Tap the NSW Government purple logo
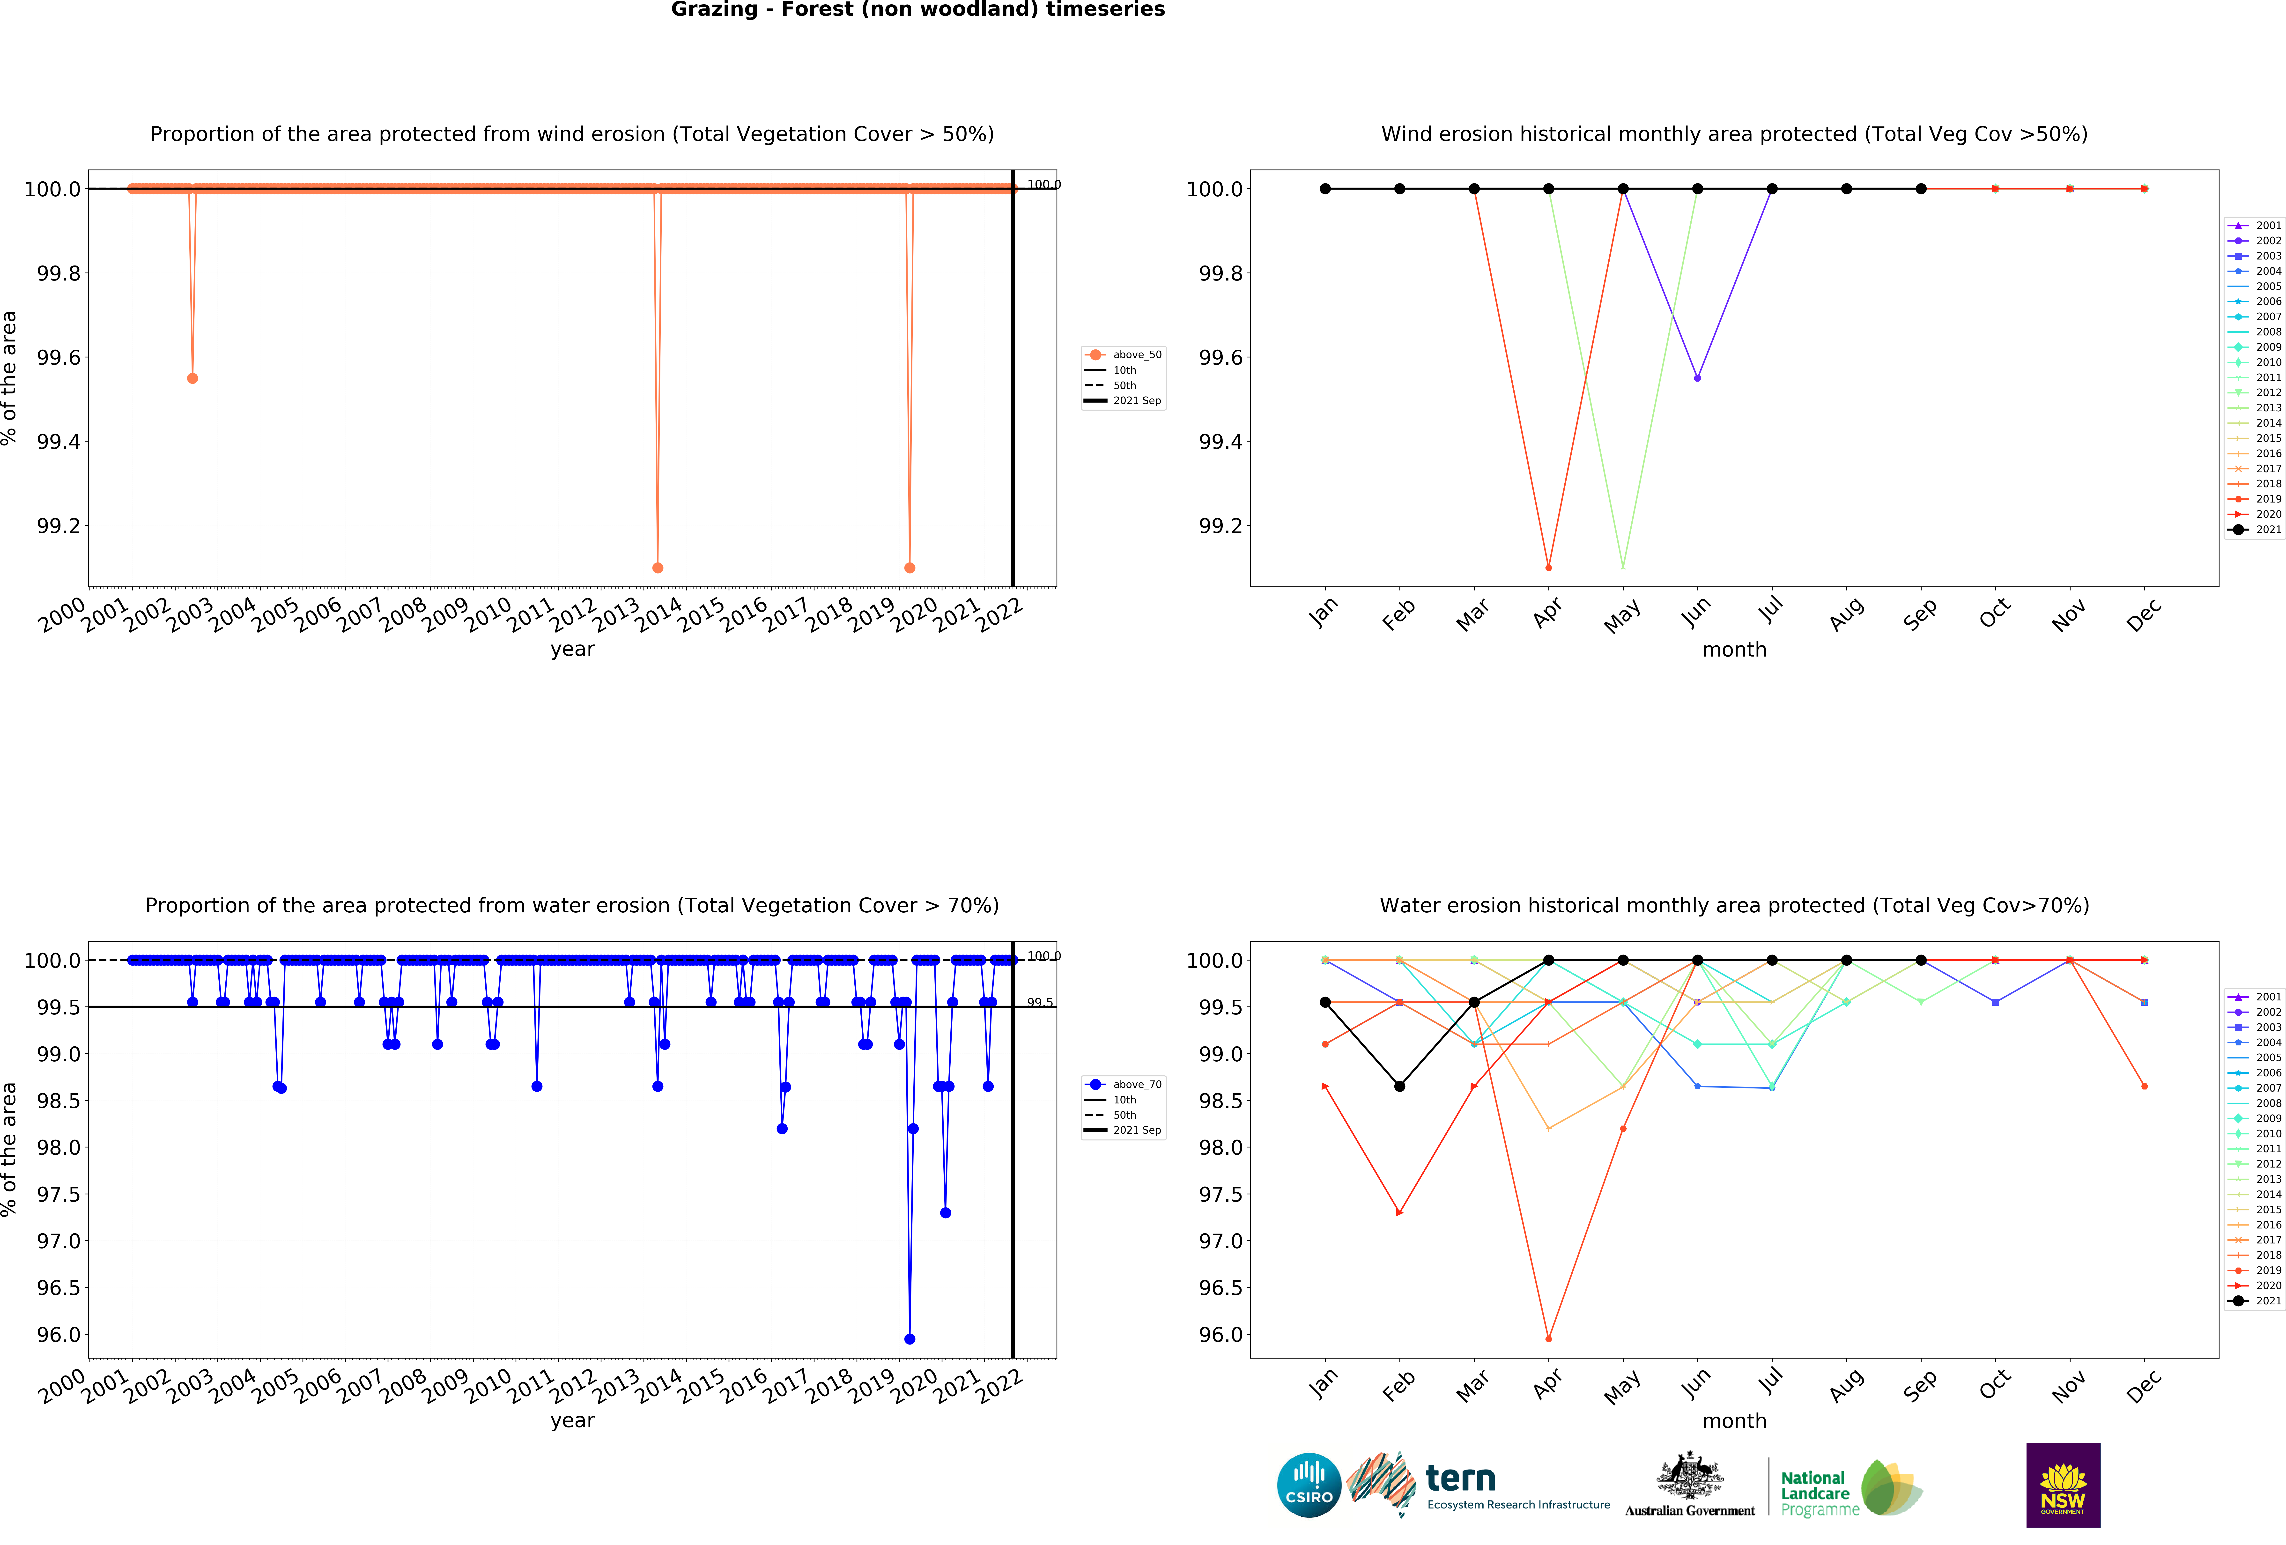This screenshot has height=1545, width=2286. pos(2063,1485)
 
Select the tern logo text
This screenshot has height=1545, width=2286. pos(1461,1478)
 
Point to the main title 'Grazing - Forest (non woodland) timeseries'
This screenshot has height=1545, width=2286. pos(918,10)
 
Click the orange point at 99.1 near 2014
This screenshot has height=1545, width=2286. pos(658,568)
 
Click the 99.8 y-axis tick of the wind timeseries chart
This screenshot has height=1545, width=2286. pos(59,274)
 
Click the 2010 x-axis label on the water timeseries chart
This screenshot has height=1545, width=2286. pos(488,1385)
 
